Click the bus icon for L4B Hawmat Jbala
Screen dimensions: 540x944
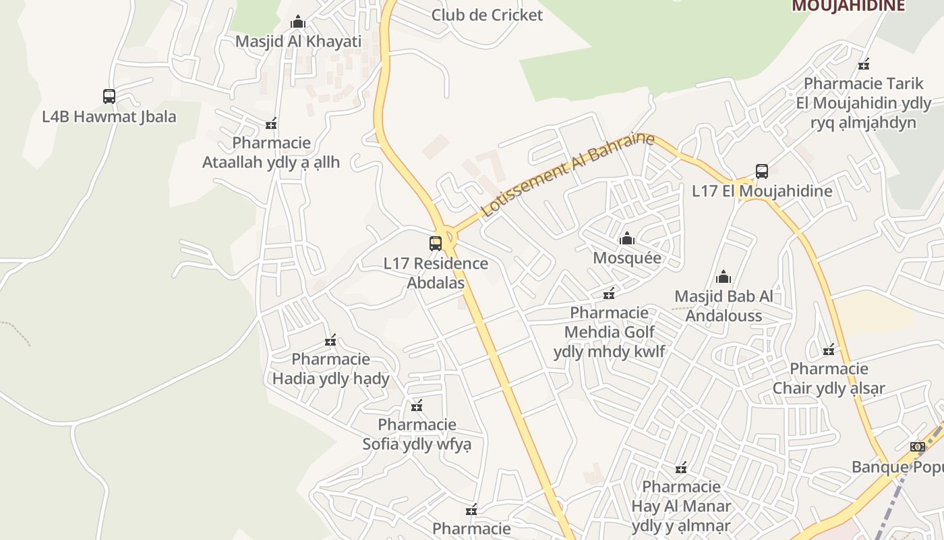coord(109,97)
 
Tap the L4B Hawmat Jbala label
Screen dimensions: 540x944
coord(109,116)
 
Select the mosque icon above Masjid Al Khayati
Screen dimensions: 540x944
coord(298,22)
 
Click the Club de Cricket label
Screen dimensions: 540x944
coord(487,15)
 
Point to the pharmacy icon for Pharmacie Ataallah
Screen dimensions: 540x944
coord(271,124)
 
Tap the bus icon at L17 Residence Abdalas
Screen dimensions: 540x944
coord(436,244)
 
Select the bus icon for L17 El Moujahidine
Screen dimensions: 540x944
coord(762,171)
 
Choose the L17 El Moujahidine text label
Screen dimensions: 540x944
coord(762,191)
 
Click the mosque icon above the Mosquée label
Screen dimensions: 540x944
coord(627,238)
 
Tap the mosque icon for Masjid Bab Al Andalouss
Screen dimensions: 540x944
coord(724,277)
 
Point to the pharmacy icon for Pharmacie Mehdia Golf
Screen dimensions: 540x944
coord(609,293)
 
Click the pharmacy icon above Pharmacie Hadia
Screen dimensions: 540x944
coord(330,340)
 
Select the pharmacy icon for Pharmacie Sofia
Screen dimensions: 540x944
coord(417,405)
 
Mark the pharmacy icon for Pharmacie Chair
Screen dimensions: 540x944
coord(829,350)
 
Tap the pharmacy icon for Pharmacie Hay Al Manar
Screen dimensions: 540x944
coord(681,468)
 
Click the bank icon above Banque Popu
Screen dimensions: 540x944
coord(917,447)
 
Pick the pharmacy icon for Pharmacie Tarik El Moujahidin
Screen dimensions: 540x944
coord(864,65)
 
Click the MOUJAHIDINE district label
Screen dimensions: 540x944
coord(848,6)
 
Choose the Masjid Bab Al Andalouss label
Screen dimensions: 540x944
coord(724,306)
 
